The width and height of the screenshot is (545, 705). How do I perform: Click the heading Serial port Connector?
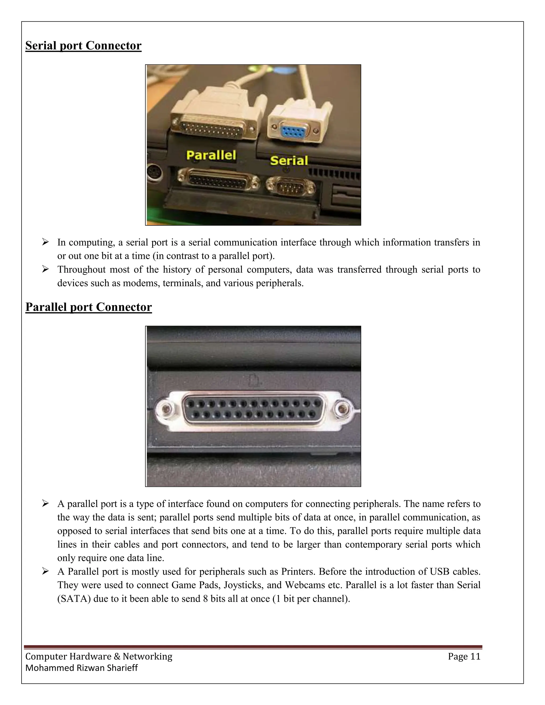[x=83, y=45]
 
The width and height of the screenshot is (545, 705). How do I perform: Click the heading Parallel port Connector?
[x=88, y=307]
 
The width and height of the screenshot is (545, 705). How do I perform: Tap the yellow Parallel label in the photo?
[x=211, y=155]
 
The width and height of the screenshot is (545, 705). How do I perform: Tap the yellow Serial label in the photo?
[x=289, y=160]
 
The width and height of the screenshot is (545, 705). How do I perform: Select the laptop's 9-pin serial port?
[x=291, y=186]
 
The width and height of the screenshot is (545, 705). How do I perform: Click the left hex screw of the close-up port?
[x=166, y=410]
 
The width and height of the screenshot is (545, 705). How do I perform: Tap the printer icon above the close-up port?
[x=255, y=381]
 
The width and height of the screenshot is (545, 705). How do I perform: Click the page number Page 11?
[x=464, y=657]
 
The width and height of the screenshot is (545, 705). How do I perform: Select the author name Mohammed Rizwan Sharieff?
[x=81, y=668]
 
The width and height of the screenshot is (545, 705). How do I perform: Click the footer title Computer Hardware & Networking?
[x=99, y=657]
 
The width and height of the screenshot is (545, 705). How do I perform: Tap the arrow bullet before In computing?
[x=45, y=242]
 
